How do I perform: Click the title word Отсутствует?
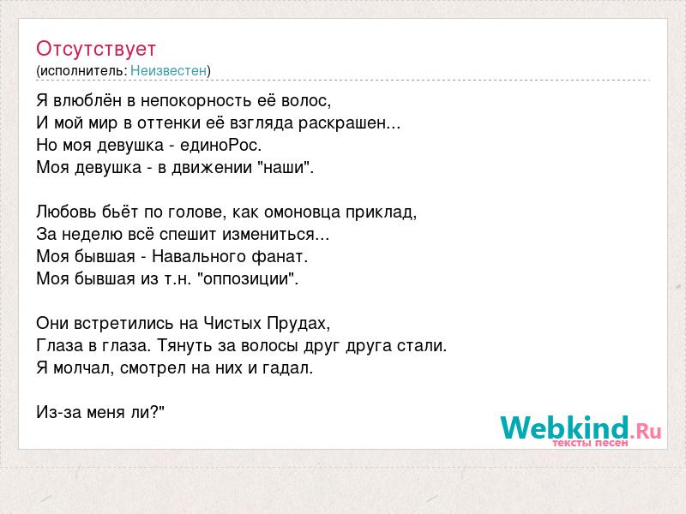96,49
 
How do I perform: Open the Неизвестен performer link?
168,70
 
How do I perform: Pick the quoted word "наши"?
283,167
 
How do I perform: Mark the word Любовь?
67,212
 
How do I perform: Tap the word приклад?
381,212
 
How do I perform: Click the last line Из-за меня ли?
100,412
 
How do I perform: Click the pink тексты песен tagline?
590,443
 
